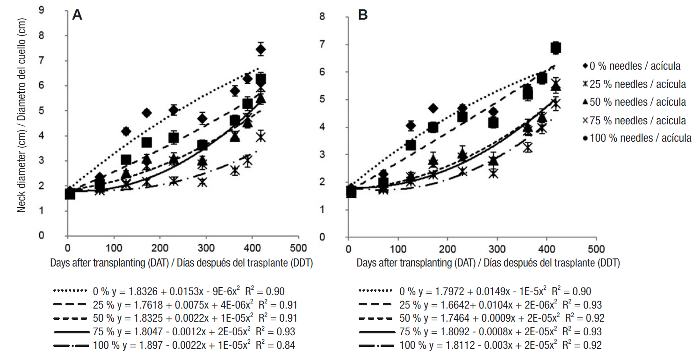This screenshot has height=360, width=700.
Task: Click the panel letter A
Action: (x=77, y=15)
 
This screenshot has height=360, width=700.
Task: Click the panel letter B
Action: (x=362, y=15)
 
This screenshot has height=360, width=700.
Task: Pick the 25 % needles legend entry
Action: (x=634, y=84)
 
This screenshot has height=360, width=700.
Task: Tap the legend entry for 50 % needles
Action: (x=634, y=102)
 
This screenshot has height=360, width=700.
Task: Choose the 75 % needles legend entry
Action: (x=634, y=120)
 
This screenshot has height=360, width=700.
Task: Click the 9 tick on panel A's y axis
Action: (x=55, y=10)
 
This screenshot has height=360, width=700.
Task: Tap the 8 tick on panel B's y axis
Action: (x=335, y=17)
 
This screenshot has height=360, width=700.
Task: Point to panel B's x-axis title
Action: (x=488, y=263)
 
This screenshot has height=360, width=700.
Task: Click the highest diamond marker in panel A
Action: (x=261, y=49)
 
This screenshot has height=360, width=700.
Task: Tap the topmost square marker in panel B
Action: (x=556, y=47)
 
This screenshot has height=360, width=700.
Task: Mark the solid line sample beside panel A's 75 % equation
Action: (x=71, y=331)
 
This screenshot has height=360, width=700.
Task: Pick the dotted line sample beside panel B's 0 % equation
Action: (x=375, y=291)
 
